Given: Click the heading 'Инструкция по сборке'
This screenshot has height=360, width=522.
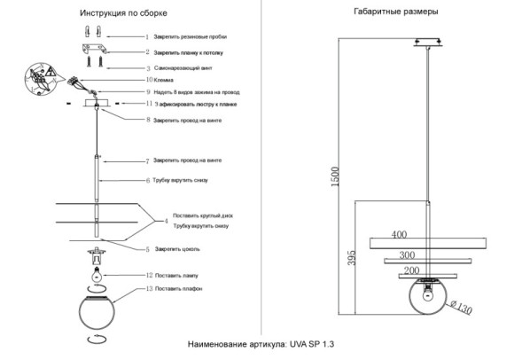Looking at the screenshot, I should (x=122, y=15).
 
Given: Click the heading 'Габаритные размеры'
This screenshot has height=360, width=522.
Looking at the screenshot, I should (x=389, y=12).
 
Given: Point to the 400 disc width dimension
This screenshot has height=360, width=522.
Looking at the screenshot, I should (x=399, y=235).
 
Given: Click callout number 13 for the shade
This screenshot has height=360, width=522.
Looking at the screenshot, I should (x=149, y=289).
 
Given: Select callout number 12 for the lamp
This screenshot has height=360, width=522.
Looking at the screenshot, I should (x=149, y=276).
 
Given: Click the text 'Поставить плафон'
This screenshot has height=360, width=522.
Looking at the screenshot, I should (x=185, y=289).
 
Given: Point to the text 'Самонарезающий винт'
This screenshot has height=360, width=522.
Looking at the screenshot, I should (x=189, y=67).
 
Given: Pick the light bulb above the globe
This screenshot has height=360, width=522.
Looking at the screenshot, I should (x=96, y=277).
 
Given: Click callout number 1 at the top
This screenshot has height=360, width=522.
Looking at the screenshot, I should (x=148, y=38).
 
